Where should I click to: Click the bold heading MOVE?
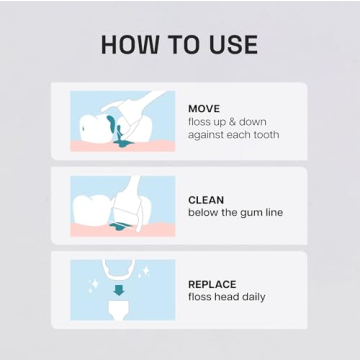(204, 108)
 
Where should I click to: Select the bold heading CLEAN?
(206, 200)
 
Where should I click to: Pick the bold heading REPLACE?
(212, 284)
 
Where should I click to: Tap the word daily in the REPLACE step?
(253, 297)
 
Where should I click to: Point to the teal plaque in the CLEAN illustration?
(125, 228)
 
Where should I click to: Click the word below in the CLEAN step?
(204, 213)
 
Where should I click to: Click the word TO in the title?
(182, 44)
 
